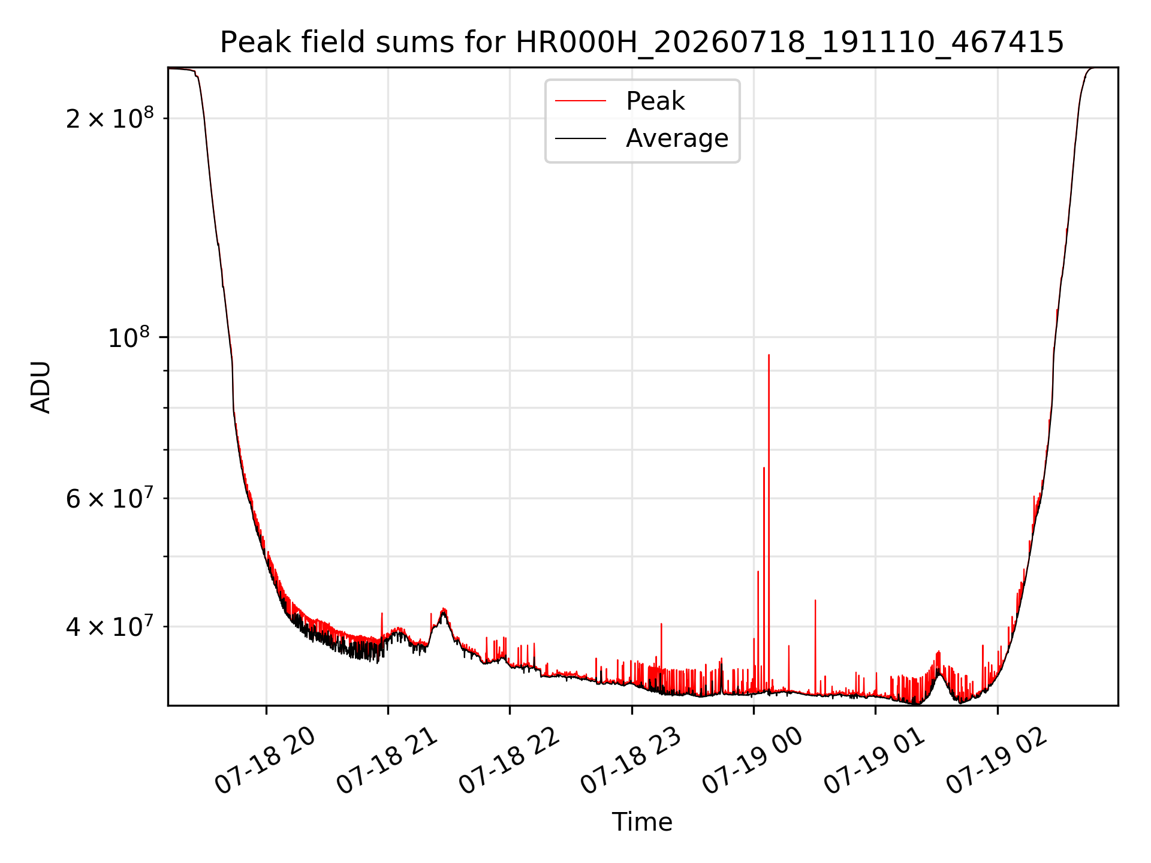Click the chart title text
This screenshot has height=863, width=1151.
tap(642, 43)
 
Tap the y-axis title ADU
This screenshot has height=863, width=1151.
tap(41, 387)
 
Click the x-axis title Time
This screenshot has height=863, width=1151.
tap(642, 822)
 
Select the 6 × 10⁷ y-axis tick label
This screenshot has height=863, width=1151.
tap(110, 497)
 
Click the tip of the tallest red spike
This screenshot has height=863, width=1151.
tap(769, 355)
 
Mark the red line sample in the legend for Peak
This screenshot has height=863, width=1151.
tap(580, 101)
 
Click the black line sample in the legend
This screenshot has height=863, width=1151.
tap(580, 139)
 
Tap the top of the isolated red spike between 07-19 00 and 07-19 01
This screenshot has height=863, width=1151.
tap(815, 600)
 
